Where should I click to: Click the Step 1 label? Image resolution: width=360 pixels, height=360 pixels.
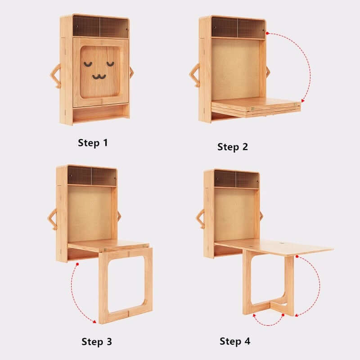(93, 143)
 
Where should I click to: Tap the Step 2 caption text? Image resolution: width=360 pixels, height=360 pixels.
(233, 147)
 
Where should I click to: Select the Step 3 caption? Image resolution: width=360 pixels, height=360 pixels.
(96, 342)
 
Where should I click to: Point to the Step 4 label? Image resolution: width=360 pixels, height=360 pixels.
(234, 341)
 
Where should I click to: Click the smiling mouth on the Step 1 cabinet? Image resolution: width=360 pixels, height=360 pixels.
(99, 76)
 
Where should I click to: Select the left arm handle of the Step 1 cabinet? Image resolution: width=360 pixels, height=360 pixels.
(55, 76)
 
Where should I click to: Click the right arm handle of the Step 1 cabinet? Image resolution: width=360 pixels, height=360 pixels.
(131, 72)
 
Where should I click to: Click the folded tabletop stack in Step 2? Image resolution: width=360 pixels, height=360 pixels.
(256, 108)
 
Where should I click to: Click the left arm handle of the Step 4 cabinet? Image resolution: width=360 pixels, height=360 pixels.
(200, 219)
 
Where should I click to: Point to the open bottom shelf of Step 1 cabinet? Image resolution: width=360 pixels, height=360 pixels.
(100, 113)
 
